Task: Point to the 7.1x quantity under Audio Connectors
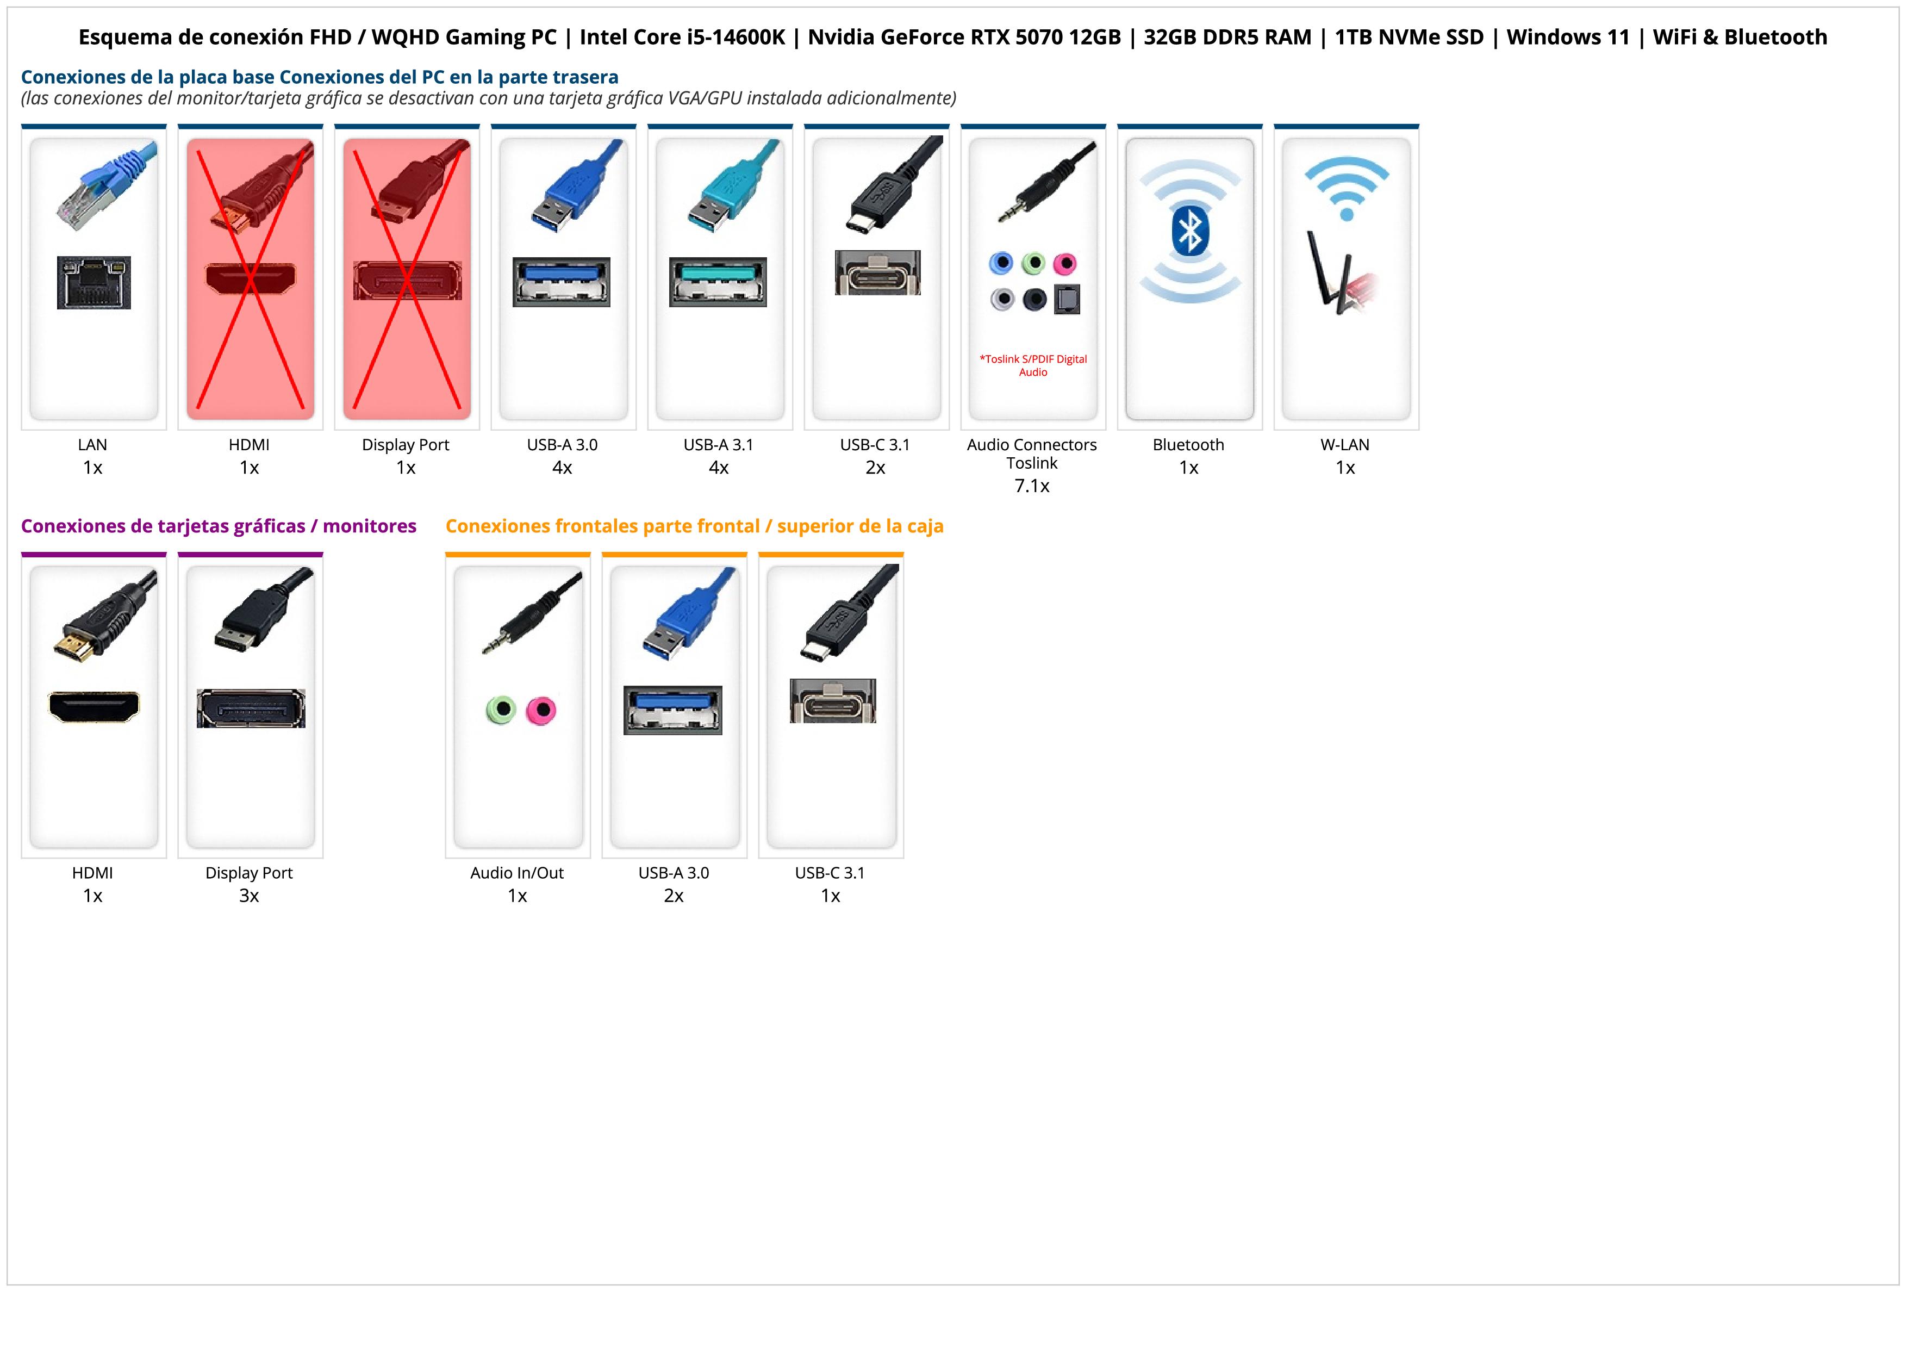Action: coord(1032,486)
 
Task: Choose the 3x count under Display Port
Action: coord(249,896)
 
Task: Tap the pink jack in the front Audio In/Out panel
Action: coord(541,710)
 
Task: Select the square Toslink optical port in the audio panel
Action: coord(1067,299)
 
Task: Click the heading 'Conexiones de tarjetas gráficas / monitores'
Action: coord(219,526)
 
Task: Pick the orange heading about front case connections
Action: coord(694,526)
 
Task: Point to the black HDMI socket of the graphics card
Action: coord(94,707)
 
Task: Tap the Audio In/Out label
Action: coord(516,873)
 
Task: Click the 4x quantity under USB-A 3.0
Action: coord(562,468)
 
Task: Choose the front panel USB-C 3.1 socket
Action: coord(832,701)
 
